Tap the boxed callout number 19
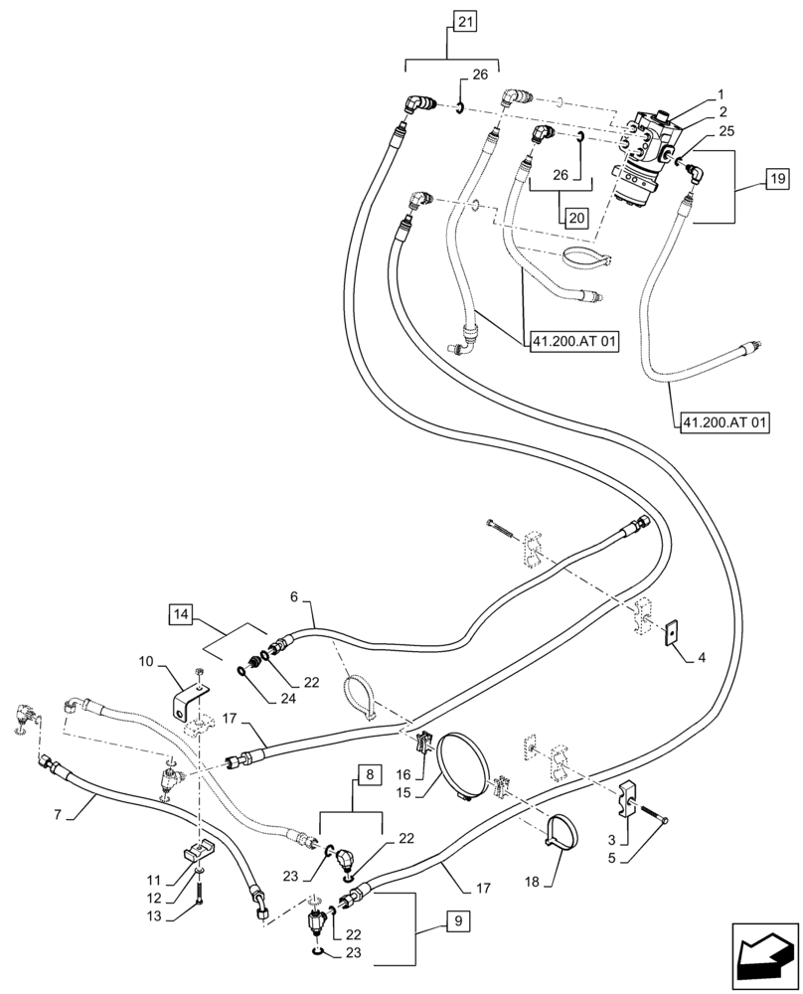point(775,179)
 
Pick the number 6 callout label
point(293,598)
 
